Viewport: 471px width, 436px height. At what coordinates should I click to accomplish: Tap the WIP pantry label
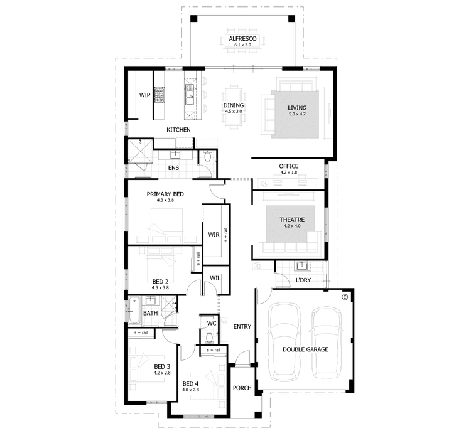click(x=144, y=95)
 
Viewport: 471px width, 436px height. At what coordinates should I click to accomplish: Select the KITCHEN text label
click(x=178, y=130)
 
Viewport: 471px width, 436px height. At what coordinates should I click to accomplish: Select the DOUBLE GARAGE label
click(x=305, y=349)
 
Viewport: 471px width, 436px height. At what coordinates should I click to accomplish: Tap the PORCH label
click(x=242, y=388)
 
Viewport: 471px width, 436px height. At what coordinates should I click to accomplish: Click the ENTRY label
click(x=242, y=327)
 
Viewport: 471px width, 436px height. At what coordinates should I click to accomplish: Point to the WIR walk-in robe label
click(x=213, y=235)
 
